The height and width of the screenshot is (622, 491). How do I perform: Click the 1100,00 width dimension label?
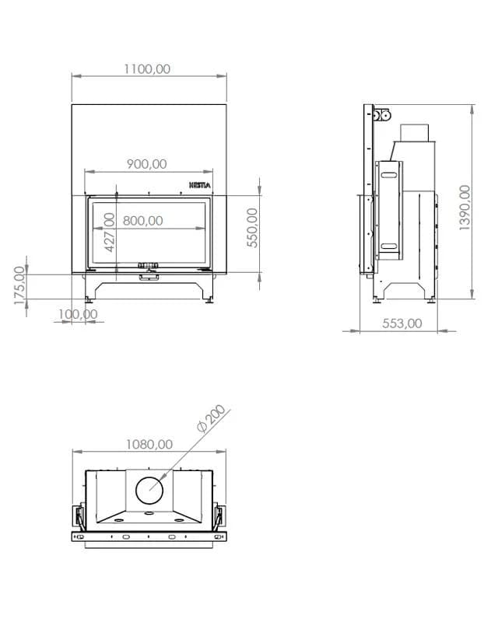pyautogui.click(x=147, y=69)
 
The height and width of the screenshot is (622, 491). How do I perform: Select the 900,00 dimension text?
pyautogui.click(x=147, y=164)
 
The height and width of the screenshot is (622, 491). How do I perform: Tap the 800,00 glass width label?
pyautogui.click(x=143, y=221)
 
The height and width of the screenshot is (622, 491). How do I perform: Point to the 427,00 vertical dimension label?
pyautogui.click(x=109, y=232)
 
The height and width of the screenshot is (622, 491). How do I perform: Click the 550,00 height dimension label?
pyautogui.click(x=252, y=228)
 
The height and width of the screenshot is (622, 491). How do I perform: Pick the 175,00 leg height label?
pyautogui.click(x=19, y=285)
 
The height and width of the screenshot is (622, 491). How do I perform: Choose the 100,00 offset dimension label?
pyautogui.click(x=78, y=314)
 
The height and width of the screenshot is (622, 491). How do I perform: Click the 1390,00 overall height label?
pyautogui.click(x=465, y=208)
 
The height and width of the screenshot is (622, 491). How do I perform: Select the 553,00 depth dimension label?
pyautogui.click(x=402, y=323)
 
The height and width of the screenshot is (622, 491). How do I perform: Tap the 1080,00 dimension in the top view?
pyautogui.click(x=149, y=444)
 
